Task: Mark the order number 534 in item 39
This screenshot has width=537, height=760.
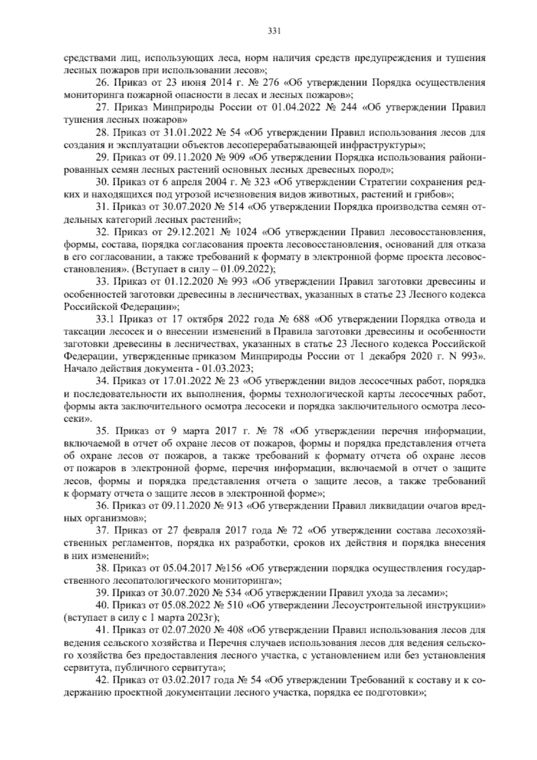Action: tap(234, 594)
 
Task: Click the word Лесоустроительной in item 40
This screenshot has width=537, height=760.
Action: tap(374, 606)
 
